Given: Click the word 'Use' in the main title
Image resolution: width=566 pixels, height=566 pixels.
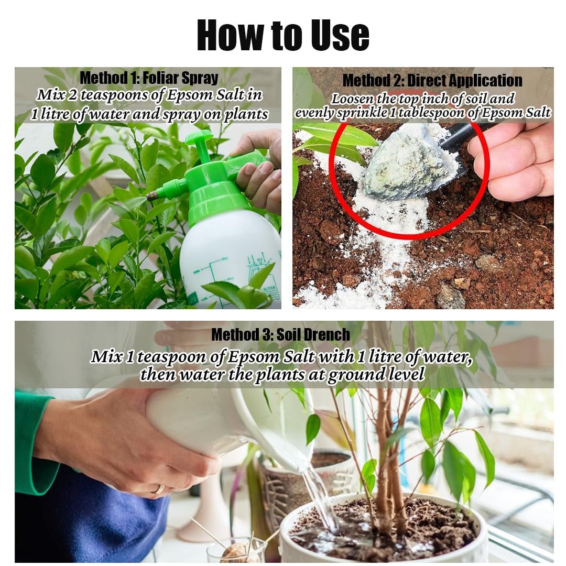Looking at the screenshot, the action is click(x=340, y=35).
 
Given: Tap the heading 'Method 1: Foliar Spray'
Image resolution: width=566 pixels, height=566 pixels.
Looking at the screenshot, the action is click(x=149, y=78).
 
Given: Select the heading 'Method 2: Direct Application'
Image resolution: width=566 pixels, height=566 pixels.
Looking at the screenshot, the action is click(x=432, y=81).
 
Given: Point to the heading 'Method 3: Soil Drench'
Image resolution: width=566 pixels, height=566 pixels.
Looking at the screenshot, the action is click(x=280, y=334).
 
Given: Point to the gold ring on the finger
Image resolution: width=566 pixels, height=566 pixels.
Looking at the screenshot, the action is click(x=159, y=489).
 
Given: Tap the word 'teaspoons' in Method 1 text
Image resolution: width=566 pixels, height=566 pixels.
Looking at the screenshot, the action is click(x=122, y=95).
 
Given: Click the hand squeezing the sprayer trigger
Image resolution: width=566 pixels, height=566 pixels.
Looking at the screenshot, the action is click(x=258, y=170).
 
